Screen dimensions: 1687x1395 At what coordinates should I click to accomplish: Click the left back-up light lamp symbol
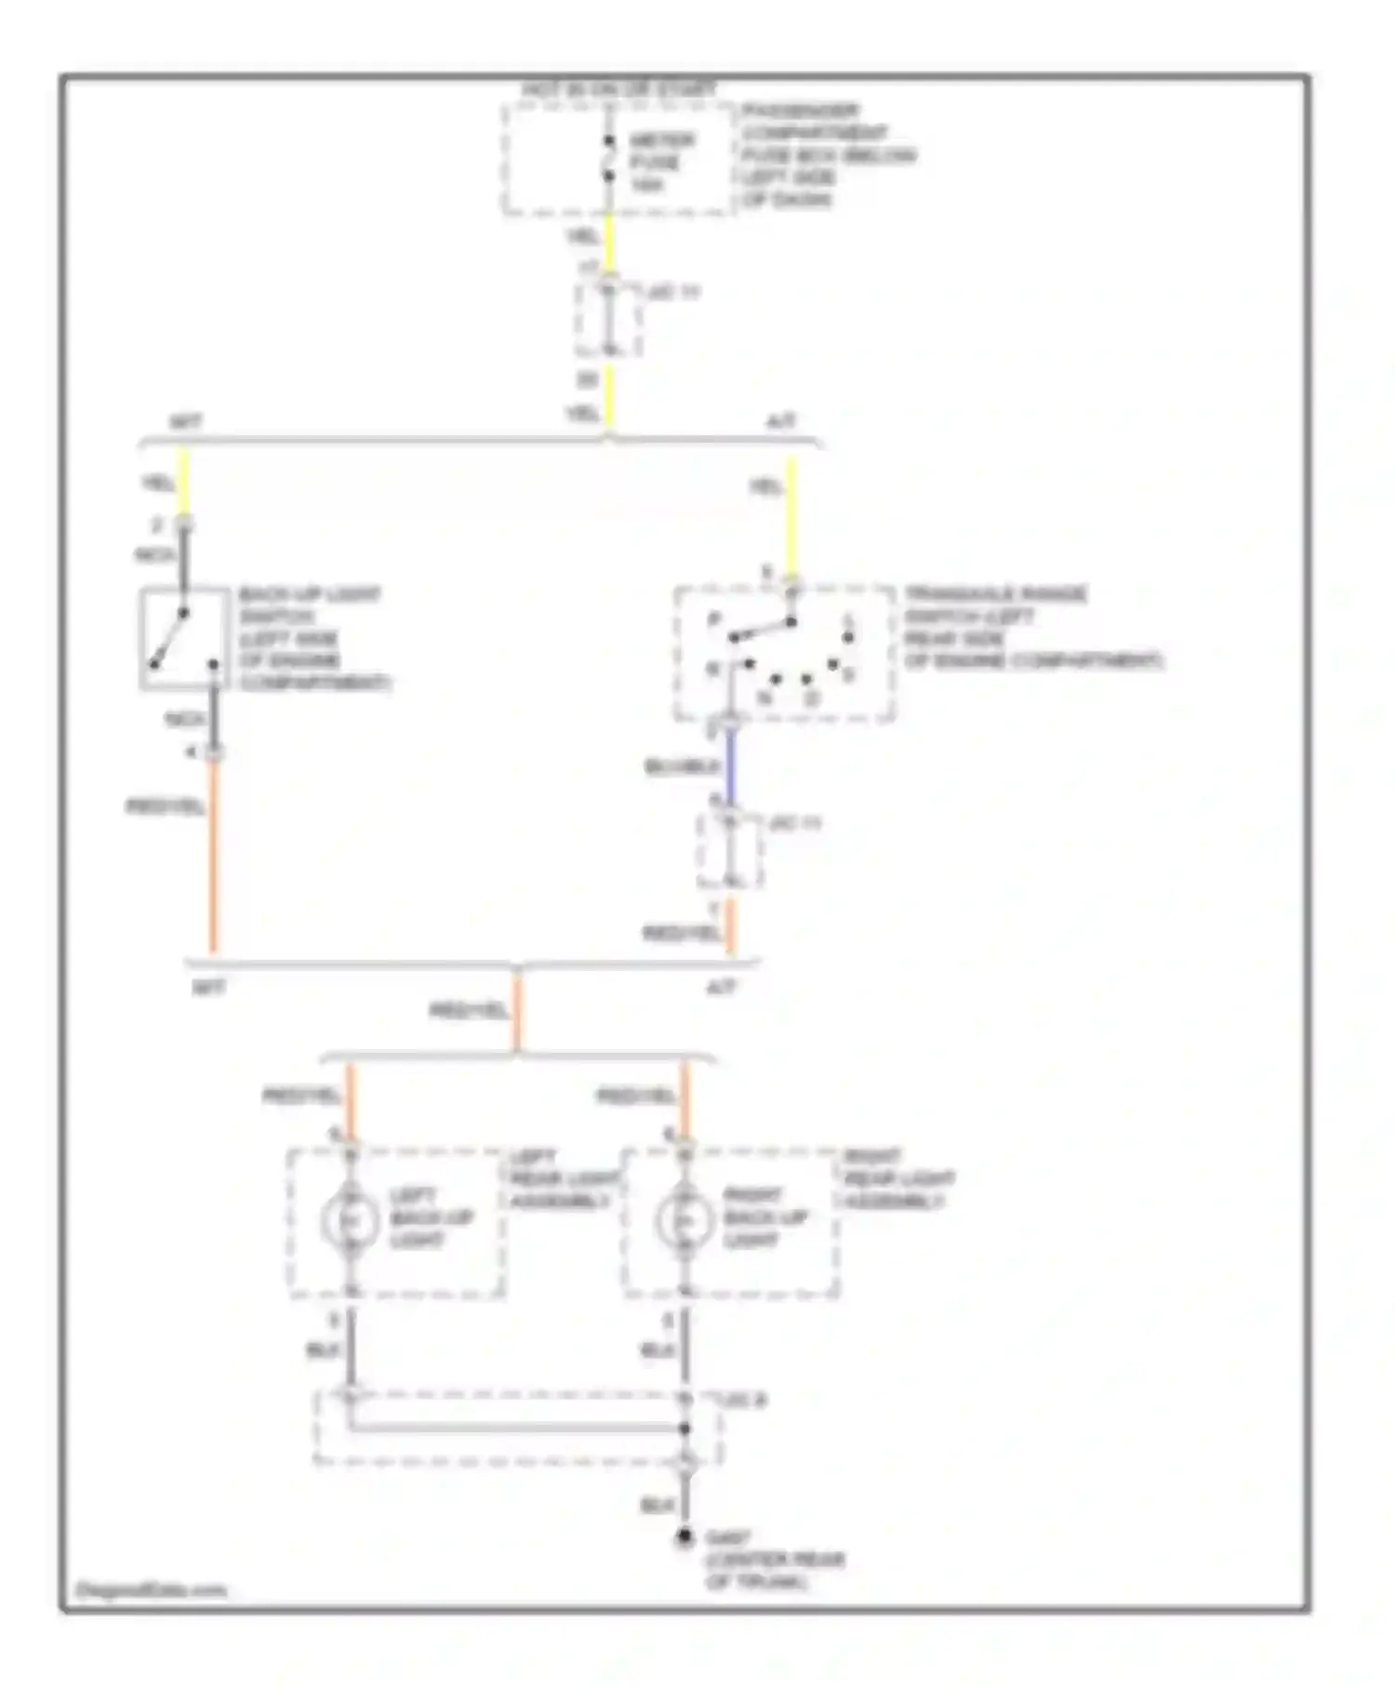350,1220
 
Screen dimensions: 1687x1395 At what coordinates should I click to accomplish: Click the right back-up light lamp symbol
684,1220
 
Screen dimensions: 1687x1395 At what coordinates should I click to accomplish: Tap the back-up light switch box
184,638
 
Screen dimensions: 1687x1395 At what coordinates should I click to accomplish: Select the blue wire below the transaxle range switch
731,766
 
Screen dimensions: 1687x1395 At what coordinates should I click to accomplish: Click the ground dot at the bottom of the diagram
684,1538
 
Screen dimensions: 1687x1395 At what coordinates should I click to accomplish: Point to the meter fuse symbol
609,159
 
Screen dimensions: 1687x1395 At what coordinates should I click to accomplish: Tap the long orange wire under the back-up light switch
213,856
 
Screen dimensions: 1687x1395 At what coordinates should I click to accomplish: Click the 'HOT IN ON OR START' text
618,89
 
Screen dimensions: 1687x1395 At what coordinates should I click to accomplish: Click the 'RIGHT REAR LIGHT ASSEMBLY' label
897,1179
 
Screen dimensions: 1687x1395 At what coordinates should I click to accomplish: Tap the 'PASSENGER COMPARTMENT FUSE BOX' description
828,155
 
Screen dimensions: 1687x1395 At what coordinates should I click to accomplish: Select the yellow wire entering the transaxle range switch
791,516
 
